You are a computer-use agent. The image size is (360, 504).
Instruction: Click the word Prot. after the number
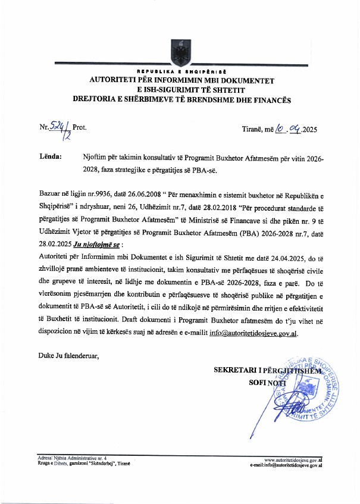(79, 129)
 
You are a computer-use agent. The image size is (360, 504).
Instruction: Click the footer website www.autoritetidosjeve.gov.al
(293, 460)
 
